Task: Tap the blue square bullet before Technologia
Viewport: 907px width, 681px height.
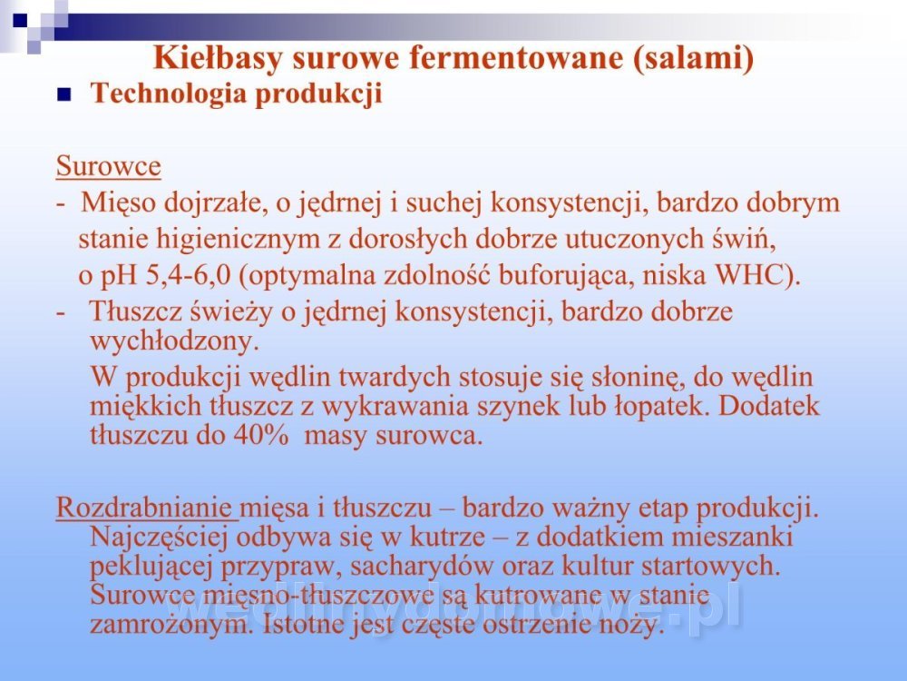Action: coord(63,94)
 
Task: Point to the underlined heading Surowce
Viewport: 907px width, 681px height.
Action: coord(108,166)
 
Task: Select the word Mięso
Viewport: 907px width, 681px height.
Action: coord(119,203)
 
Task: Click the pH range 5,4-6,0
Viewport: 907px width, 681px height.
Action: coord(188,276)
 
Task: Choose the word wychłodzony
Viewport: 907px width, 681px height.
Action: coord(173,341)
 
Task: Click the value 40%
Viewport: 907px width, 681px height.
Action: coord(261,436)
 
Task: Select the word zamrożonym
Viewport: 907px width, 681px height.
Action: coord(171,626)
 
